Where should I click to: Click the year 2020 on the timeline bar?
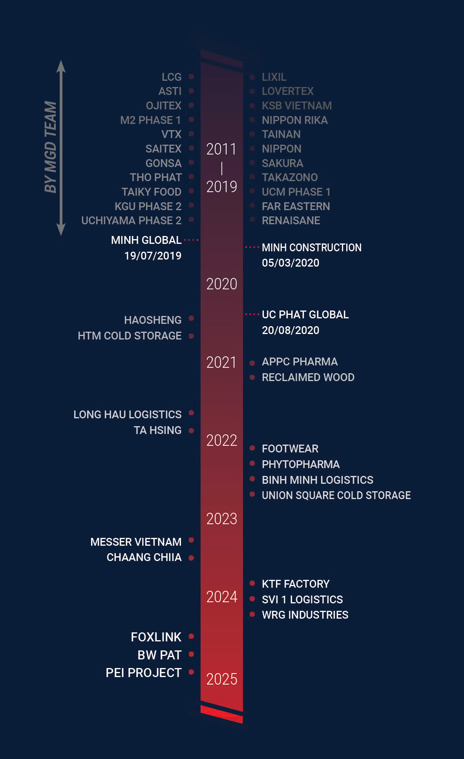[x=222, y=284]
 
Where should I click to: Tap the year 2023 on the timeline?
[x=222, y=519]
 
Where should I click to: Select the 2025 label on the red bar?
[x=222, y=679]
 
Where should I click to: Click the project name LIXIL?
[x=274, y=77]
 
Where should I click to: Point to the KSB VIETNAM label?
[x=296, y=105]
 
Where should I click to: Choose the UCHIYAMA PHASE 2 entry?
[x=131, y=220]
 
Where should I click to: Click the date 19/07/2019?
[x=153, y=256]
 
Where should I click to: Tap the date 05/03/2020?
[x=290, y=263]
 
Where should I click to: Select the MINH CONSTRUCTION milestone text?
[x=311, y=247]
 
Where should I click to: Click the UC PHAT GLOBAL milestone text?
[x=305, y=314]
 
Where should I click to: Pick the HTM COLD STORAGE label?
[x=130, y=336]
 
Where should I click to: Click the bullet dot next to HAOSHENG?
[x=192, y=318]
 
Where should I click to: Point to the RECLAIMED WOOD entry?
[x=308, y=377]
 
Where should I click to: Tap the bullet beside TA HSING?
[x=192, y=430]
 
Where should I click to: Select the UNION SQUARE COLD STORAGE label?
[x=336, y=495]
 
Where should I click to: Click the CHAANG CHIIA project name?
[x=144, y=557]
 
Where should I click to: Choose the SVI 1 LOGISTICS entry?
[x=302, y=599]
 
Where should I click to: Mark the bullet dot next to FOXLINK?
[x=192, y=636]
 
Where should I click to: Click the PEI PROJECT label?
[x=143, y=673]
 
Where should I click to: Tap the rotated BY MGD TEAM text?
[x=51, y=147]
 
